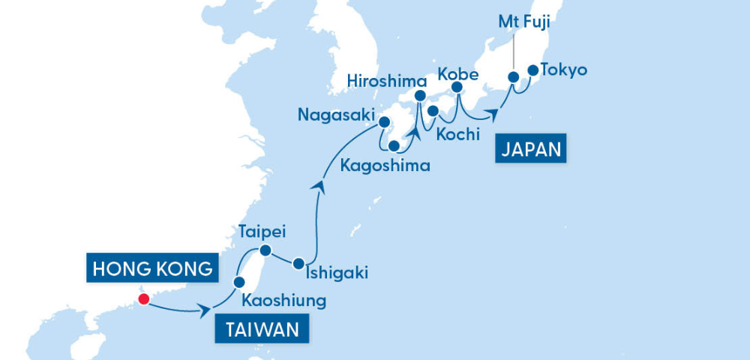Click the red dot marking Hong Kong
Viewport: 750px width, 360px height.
143,300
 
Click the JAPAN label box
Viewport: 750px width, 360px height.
530,148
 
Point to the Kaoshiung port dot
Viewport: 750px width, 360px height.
239,282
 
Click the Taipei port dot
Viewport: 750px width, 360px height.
265,250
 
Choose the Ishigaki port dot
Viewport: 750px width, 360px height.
298,263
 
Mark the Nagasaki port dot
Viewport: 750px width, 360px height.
384,121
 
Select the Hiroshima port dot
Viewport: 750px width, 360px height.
420,95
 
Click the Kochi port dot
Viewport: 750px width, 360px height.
433,112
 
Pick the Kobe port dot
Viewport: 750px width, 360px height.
457,88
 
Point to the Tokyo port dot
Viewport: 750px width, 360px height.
533,70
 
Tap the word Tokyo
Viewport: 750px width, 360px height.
564,70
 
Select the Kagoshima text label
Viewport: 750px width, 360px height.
385,166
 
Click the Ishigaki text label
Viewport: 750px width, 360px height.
338,273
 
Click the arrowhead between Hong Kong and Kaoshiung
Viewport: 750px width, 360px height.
203,310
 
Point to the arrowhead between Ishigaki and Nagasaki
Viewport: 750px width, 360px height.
319,184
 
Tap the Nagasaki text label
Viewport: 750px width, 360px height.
334,115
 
